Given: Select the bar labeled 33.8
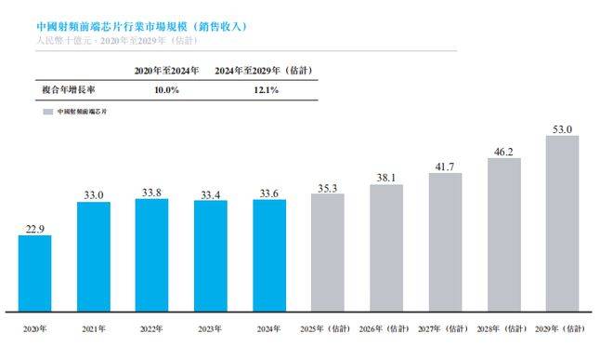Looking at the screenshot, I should click(x=151, y=255).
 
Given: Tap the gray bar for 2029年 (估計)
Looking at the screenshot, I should click(x=563, y=223).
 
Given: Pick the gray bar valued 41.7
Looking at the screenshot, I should click(x=445, y=242).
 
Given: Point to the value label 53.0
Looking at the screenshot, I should click(x=563, y=128).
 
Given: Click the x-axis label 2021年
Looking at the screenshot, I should click(x=93, y=329).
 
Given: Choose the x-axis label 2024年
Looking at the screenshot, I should click(x=269, y=329).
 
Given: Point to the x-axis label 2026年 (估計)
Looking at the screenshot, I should click(x=386, y=329).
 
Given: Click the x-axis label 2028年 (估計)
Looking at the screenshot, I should click(x=504, y=329).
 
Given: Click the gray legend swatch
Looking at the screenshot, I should click(x=47, y=111).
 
